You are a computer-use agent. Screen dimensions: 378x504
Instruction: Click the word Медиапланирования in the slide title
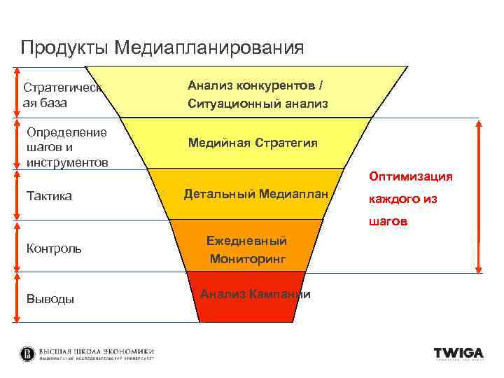[209, 48]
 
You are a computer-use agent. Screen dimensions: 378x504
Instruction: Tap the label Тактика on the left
[48, 196]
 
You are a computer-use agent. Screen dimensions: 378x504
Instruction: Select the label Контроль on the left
[53, 248]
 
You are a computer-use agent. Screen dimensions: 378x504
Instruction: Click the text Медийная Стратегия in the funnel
[252, 143]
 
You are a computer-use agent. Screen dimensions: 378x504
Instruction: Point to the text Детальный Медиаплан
[255, 193]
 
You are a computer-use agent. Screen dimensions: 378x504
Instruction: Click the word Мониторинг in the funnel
[248, 258]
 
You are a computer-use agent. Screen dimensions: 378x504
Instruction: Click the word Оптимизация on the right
[411, 176]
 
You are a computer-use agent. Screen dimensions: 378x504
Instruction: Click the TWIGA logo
[458, 353]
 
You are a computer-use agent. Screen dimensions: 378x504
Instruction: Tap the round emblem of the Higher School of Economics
[27, 353]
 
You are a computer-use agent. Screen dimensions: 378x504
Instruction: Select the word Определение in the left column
[66, 132]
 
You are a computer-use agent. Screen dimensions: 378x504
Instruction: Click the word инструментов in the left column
[66, 163]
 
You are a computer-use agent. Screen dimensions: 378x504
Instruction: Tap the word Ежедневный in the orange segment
[246, 241]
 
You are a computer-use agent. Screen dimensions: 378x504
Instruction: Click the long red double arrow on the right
[479, 195]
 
